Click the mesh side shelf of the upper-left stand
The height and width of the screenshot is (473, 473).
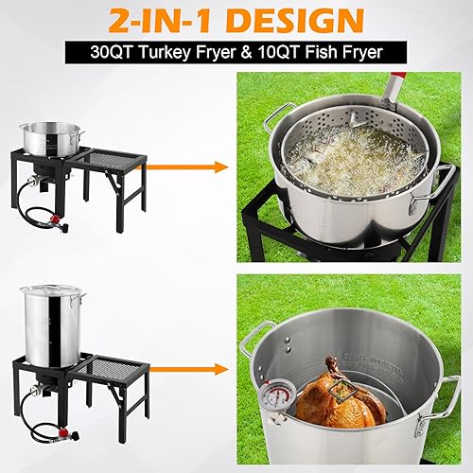tap(114, 157)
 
